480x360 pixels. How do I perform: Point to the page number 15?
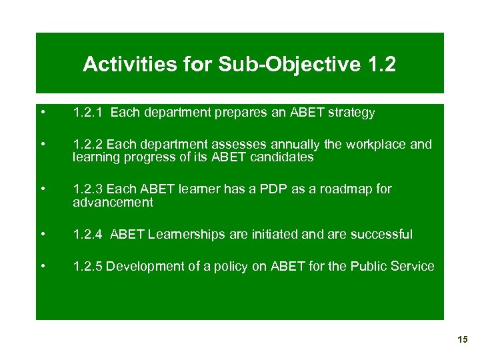463,340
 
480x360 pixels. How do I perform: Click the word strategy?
351,113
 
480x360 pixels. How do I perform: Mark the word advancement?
113,203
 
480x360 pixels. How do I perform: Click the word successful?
381,234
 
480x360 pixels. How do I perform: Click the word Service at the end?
413,266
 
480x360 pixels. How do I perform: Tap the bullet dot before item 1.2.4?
43,234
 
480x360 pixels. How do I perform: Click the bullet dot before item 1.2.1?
43,113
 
